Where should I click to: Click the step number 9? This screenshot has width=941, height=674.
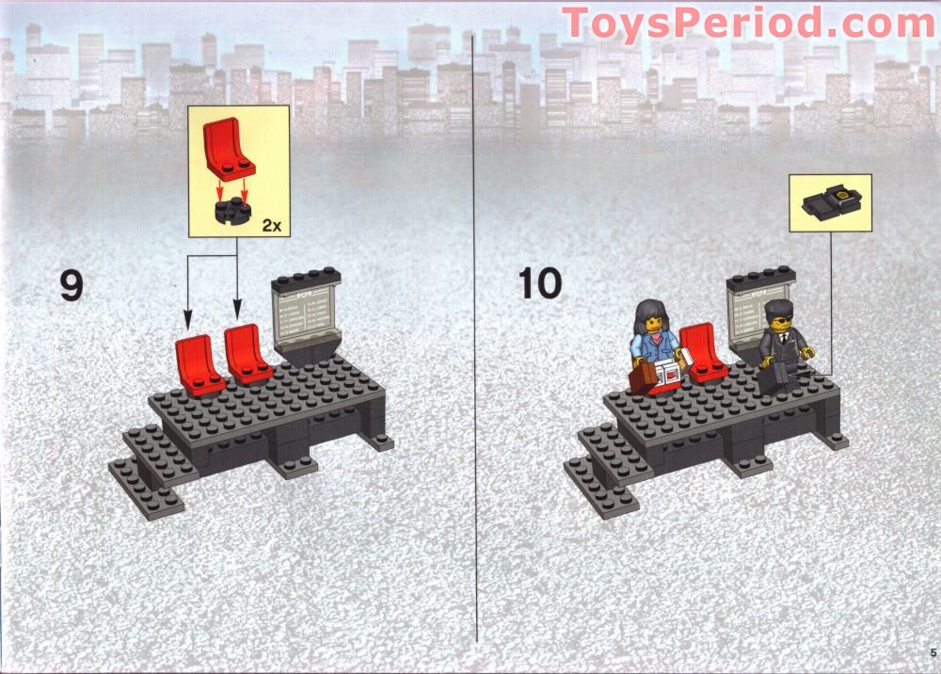(x=71, y=285)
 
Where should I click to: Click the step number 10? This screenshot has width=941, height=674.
(x=540, y=283)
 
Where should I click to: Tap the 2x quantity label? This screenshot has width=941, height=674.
(x=270, y=225)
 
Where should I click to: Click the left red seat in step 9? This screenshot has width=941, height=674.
(x=198, y=364)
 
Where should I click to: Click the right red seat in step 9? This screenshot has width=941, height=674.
(x=247, y=352)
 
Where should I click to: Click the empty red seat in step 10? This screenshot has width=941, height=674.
(x=703, y=352)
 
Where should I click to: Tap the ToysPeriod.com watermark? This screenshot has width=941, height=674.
(x=748, y=23)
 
